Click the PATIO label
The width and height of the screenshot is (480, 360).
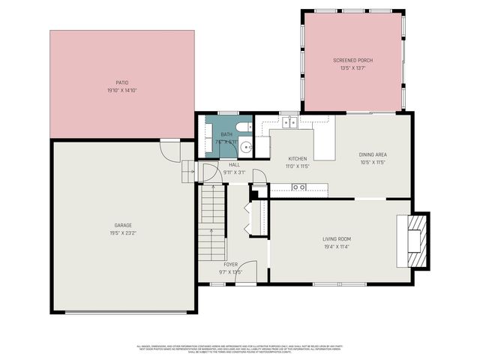point(122,82)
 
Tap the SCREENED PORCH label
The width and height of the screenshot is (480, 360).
point(352,60)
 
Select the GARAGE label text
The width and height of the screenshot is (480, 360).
point(123,225)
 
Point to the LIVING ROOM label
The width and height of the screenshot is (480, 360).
point(337,239)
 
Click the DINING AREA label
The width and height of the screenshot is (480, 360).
point(372,154)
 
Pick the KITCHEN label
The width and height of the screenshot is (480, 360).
point(298,159)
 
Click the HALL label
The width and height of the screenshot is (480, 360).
point(234,165)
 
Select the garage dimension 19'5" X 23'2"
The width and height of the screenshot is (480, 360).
point(123,232)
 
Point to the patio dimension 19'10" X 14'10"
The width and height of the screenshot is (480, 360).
point(122,90)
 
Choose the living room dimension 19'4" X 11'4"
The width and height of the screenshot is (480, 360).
point(337,247)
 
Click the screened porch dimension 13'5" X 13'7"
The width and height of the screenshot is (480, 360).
point(352,68)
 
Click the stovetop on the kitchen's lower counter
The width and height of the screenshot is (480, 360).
point(299,187)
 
